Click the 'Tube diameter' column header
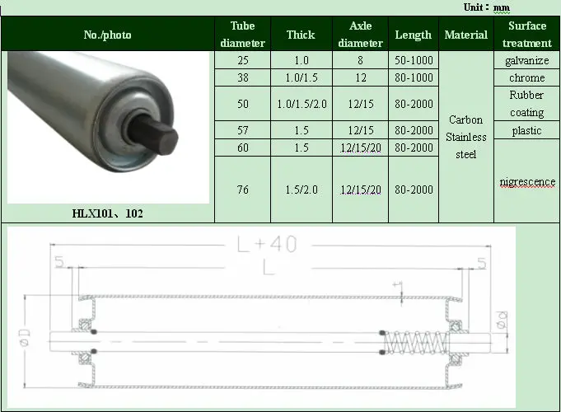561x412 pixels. pos(242,35)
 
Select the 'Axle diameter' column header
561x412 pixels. pos(360,35)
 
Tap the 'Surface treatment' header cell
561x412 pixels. pos(526,35)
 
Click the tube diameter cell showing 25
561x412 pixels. pos(242,60)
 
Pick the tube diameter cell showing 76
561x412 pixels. pos(242,190)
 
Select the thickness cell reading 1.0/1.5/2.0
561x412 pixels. pos(301,104)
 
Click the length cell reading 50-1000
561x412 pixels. pos(414,60)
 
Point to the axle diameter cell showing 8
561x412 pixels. pos(360,60)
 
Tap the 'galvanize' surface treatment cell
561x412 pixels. pos(526,60)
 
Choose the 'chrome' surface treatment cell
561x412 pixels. pos(526,77)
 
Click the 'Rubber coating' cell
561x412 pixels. pos(526,104)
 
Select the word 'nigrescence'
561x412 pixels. pos(527,181)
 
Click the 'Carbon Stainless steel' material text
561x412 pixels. pos(466,137)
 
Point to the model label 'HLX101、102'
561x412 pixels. pos(107,213)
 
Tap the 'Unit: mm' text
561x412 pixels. pos(486,7)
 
